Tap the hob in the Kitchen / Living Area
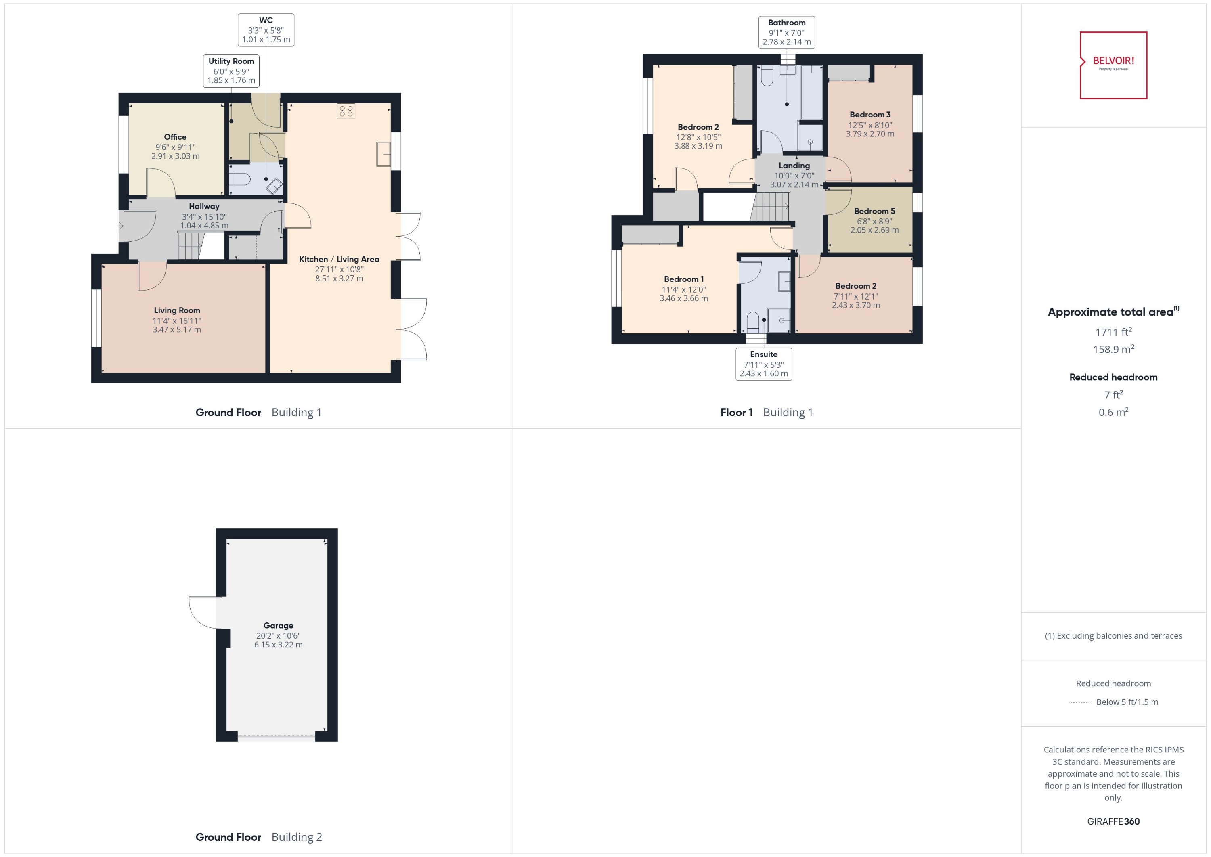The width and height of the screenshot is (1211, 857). (x=346, y=111)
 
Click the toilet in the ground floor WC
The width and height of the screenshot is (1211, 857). (x=240, y=179)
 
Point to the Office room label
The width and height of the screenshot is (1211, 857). (x=175, y=137)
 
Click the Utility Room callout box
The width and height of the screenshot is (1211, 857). (x=231, y=71)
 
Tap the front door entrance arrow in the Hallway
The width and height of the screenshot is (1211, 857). (x=120, y=226)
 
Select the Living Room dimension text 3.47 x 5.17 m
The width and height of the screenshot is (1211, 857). (x=177, y=329)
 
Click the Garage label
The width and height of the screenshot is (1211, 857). (x=278, y=625)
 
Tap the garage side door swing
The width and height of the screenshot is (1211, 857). (x=203, y=612)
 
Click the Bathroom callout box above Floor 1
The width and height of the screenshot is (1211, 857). (x=786, y=32)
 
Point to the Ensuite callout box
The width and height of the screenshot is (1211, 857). (x=764, y=364)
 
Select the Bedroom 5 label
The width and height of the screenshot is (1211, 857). (x=874, y=211)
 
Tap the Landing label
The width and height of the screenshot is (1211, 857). (x=794, y=165)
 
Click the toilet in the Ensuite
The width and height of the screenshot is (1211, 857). (x=752, y=321)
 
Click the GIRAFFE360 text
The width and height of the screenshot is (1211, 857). (x=1113, y=821)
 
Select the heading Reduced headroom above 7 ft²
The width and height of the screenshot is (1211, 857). (x=1113, y=377)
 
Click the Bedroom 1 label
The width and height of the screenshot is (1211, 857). (x=683, y=279)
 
